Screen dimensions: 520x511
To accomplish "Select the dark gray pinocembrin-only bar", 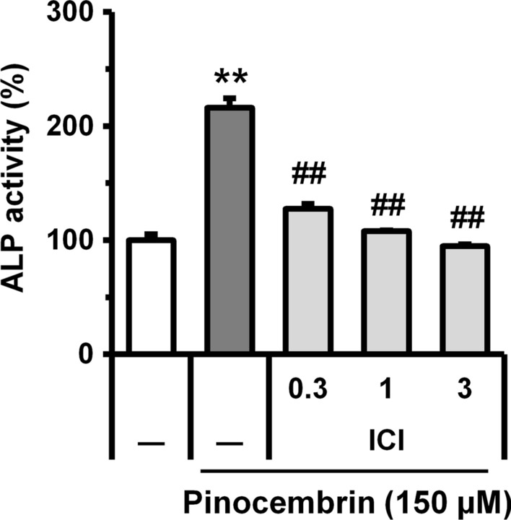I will coord(230,231).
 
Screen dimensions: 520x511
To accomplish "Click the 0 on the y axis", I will coord(88,354).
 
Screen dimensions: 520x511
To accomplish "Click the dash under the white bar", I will coord(151,439).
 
